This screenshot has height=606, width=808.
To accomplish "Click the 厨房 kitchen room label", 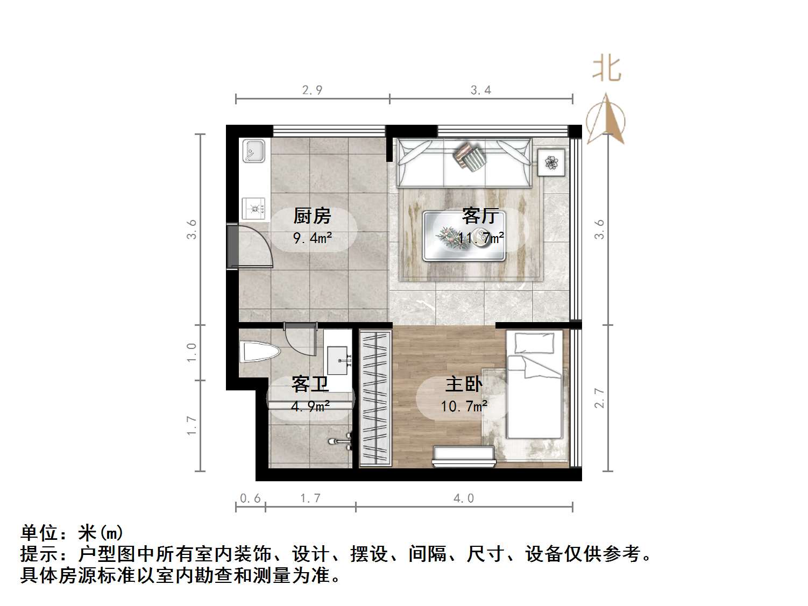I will pyautogui.click(x=312, y=216).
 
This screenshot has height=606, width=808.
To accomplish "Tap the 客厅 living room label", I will pyautogui.click(x=480, y=216).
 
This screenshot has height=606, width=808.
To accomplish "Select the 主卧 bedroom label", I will pyautogui.click(x=464, y=384).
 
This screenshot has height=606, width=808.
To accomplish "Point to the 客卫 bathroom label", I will pyautogui.click(x=310, y=384).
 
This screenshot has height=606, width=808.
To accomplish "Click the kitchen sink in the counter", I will pyautogui.click(x=253, y=151).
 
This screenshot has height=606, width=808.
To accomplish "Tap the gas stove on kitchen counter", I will pyautogui.click(x=254, y=208).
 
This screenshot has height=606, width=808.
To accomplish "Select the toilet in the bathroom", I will pyautogui.click(x=260, y=352).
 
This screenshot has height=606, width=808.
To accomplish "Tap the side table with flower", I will pyautogui.click(x=551, y=162).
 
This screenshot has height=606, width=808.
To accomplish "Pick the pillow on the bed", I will pyautogui.click(x=534, y=343).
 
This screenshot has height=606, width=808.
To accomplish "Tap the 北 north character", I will pyautogui.click(x=607, y=69).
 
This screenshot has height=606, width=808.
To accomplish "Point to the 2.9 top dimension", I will pyautogui.click(x=312, y=90).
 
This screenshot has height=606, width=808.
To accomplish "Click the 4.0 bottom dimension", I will pyautogui.click(x=464, y=498).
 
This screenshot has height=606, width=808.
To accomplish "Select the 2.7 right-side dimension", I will pyautogui.click(x=600, y=398).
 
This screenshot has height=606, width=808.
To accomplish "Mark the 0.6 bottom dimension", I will pyautogui.click(x=250, y=498).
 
